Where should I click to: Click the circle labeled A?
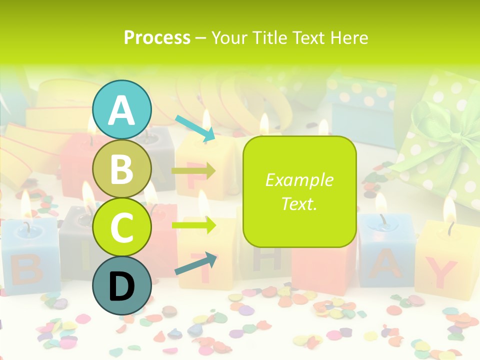click(x=121, y=109)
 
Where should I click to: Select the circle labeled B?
click(x=121, y=168)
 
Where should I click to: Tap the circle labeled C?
click(x=121, y=227)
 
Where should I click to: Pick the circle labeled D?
click(x=121, y=285)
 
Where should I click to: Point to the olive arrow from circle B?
click(x=193, y=171)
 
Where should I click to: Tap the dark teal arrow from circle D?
click(x=196, y=263)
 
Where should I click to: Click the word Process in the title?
click(x=157, y=37)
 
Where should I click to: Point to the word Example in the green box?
click(x=299, y=180)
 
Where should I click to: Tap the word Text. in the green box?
click(x=299, y=203)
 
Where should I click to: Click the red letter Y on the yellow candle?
click(x=443, y=273)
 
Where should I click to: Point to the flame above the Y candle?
click(x=449, y=210)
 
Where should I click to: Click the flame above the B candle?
click(x=26, y=202)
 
